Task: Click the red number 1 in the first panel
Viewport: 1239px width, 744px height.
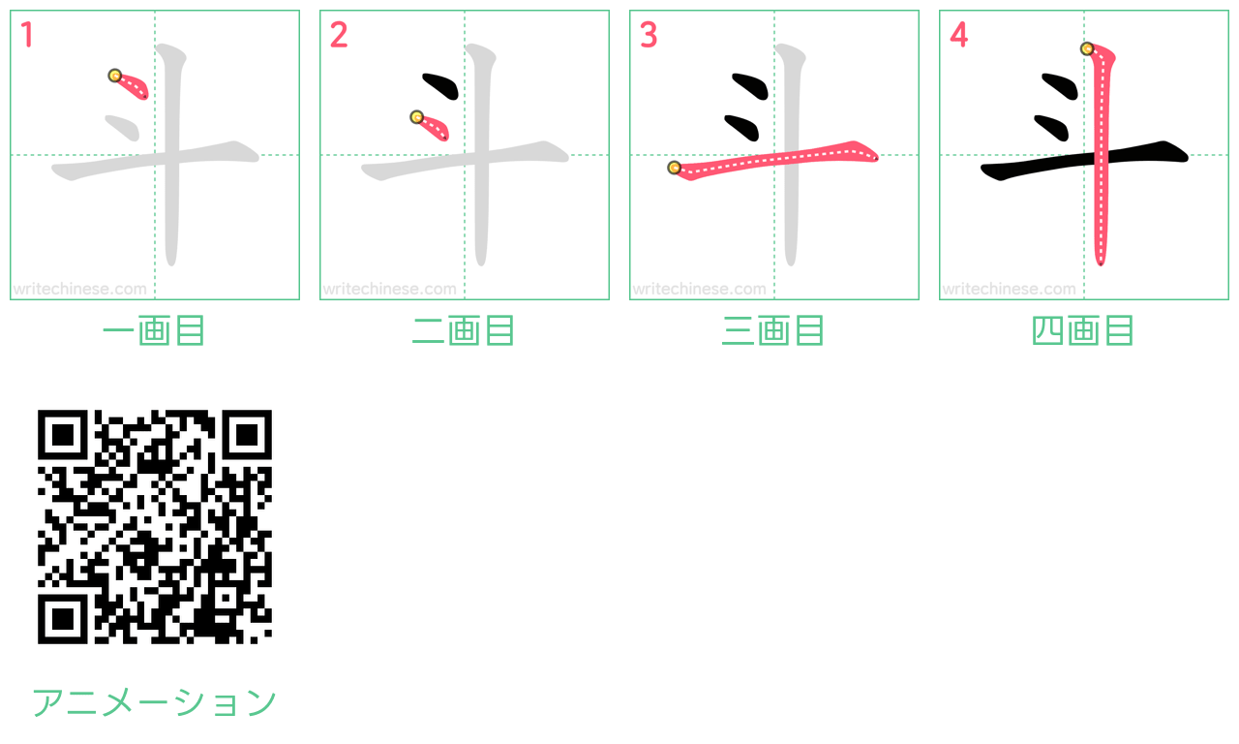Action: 27,34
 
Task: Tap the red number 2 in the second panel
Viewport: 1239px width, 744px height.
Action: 339,34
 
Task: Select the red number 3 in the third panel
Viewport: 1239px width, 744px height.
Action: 649,34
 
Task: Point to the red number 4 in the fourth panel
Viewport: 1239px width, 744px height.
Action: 959,34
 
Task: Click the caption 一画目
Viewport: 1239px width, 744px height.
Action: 154,330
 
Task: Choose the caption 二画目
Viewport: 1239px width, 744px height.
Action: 464,330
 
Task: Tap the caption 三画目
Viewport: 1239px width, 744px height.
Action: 773,330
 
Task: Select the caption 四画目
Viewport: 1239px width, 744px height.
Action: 1083,330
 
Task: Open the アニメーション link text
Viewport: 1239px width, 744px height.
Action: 154,702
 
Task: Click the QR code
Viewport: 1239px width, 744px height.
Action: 154,526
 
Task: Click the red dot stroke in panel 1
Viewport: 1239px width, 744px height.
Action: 131,86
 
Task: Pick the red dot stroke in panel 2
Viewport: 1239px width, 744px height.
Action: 432,126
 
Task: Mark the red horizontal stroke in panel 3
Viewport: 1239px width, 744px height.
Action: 774,160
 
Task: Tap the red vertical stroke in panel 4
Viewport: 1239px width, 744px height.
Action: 1102,155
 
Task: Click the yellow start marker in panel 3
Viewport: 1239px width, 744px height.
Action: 675,168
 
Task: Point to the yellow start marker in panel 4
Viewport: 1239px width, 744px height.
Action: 1087,48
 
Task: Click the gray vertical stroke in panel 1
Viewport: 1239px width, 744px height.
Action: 171,155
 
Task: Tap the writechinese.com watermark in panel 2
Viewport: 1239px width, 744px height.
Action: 389,289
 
